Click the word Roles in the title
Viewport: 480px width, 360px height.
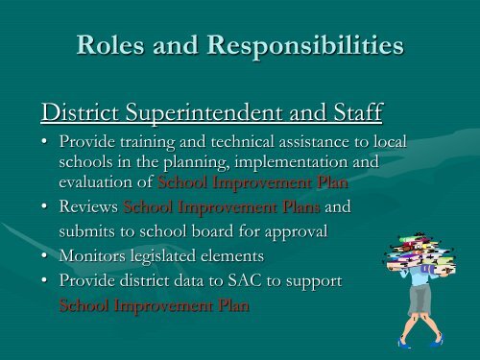[x=110, y=44]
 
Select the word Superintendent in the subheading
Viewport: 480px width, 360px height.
[x=204, y=113]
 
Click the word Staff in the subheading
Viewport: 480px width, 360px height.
[x=358, y=112]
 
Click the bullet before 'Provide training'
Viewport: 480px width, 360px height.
[x=44, y=141]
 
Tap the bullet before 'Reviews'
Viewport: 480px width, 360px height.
[x=44, y=206]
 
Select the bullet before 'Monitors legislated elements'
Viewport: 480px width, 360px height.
[x=44, y=255]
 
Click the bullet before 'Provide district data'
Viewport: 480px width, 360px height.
[x=44, y=280]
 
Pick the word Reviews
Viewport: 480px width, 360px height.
[x=88, y=206]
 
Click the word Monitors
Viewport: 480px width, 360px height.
[x=92, y=255]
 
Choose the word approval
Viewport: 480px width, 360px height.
[x=296, y=232]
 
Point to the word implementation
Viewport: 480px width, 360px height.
[x=291, y=162]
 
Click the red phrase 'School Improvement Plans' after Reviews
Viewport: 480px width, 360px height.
[x=222, y=207]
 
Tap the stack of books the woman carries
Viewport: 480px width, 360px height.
[x=420, y=253]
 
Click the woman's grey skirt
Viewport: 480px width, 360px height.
[x=420, y=300]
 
